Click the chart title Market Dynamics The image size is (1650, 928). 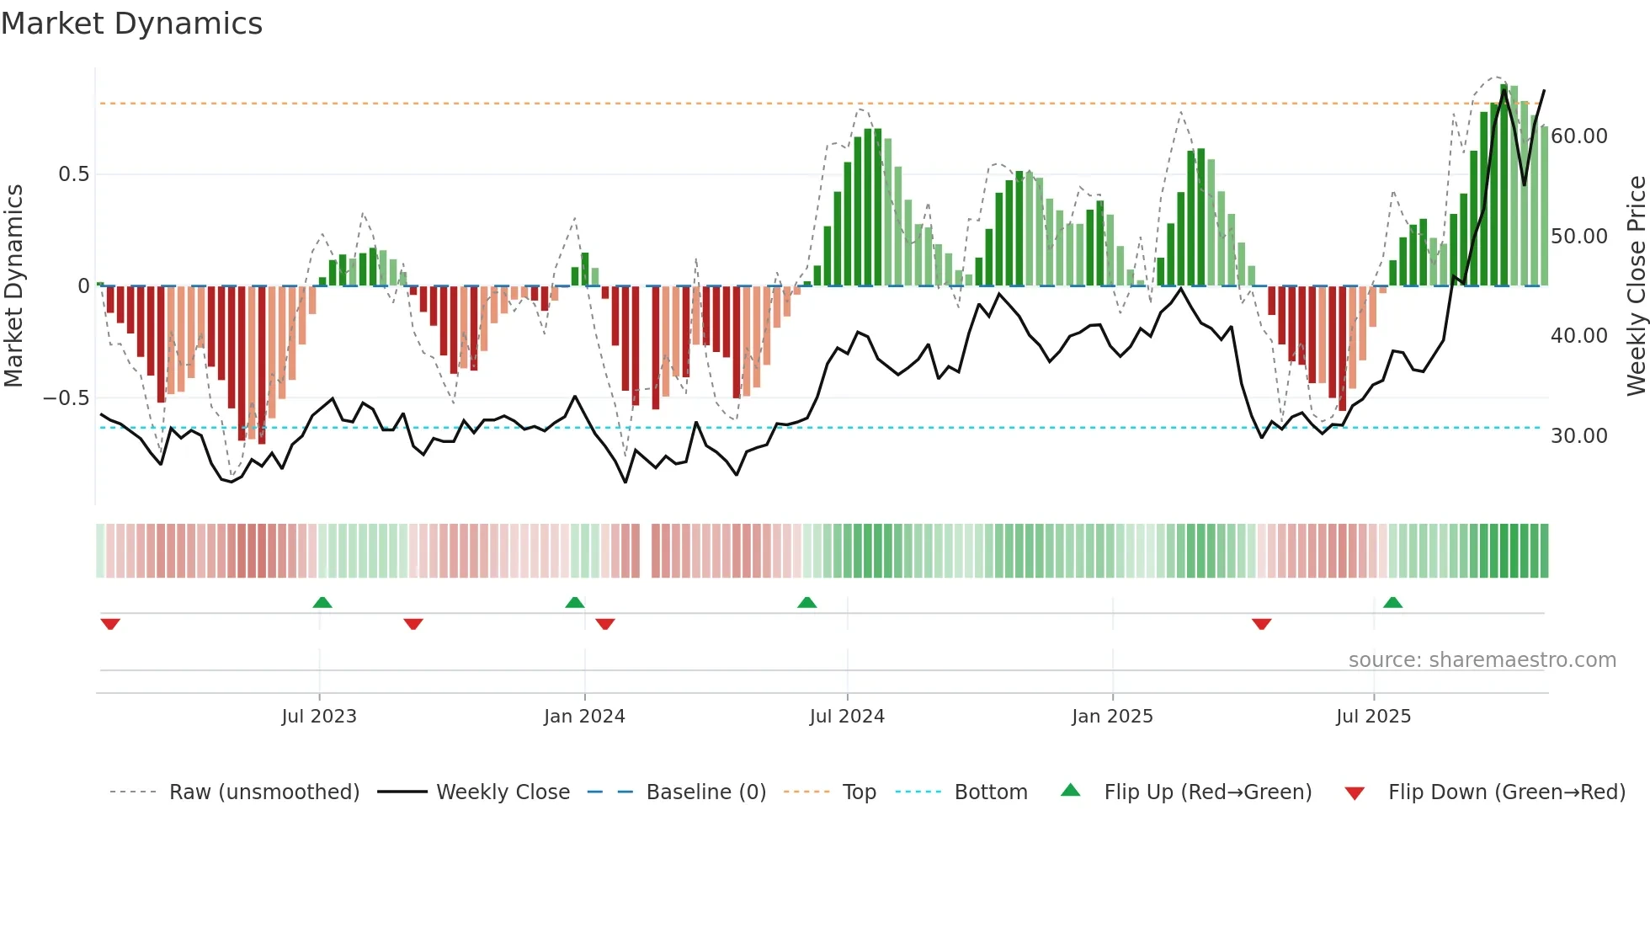pyautogui.click(x=131, y=24)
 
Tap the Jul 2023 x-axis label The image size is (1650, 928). pyautogui.click(x=319, y=717)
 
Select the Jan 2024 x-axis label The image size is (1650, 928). pyautogui.click(x=584, y=717)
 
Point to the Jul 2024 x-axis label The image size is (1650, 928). pyautogui.click(x=847, y=717)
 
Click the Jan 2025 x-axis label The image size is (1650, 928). pyautogui.click(x=1112, y=717)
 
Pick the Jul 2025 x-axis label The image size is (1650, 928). pyautogui.click(x=1373, y=717)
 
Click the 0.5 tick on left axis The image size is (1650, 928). pyautogui.click(x=73, y=174)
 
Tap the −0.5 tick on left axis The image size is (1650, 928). pyautogui.click(x=67, y=397)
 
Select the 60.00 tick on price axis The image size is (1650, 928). pyautogui.click(x=1579, y=136)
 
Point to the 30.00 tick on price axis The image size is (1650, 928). pyautogui.click(x=1579, y=436)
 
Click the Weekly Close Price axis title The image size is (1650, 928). pyautogui.click(x=1636, y=286)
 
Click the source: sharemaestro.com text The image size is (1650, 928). pyautogui.click(x=1482, y=660)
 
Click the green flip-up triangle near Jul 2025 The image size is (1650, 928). pyautogui.click(x=1392, y=602)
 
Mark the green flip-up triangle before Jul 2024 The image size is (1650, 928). pyautogui.click(x=806, y=602)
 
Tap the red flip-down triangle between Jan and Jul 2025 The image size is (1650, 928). pyautogui.click(x=1261, y=624)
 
